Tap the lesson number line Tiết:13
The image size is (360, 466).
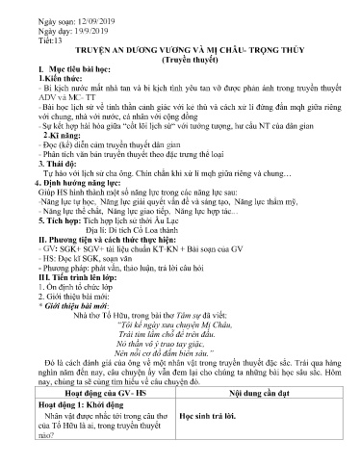click(x=41, y=43)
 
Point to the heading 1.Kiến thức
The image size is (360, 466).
click(x=49, y=90)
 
